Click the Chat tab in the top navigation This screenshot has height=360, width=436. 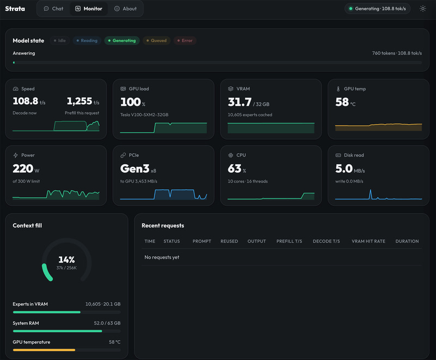[53, 9]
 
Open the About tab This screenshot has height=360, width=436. [125, 9]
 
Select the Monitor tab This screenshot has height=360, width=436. [89, 9]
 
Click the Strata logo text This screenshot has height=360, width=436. [15, 9]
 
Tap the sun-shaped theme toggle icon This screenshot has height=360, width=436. [423, 9]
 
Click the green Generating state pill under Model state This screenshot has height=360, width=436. [122, 40]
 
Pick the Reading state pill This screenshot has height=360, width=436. [87, 40]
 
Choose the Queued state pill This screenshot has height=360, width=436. [156, 40]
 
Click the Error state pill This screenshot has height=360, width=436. [185, 40]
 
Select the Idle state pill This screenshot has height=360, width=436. [59, 40]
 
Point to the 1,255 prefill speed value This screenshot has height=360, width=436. [79, 101]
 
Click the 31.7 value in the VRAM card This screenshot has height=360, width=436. [240, 102]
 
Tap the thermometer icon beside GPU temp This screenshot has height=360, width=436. [338, 89]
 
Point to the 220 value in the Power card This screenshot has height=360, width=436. [23, 169]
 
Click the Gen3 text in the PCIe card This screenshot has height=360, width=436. [135, 169]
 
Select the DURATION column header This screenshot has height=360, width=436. [407, 241]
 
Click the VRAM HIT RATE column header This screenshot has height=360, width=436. [368, 241]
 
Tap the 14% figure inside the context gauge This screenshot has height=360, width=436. [66, 260]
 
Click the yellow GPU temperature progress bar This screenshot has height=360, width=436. [44, 350]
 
